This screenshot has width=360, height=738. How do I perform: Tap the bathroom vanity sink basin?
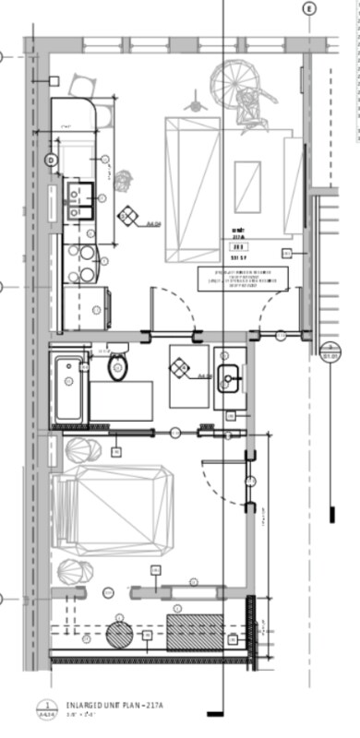point(228,375)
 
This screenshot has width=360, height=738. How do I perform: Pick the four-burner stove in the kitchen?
point(80,261)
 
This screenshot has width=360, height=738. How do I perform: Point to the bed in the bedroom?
point(113,510)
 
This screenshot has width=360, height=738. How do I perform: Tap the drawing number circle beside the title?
point(42,708)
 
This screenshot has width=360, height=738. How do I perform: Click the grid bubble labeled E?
point(308,8)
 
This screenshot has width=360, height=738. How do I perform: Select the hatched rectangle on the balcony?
point(194,631)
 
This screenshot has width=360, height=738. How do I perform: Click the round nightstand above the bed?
point(81,452)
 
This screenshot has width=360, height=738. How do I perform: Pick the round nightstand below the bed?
point(74,572)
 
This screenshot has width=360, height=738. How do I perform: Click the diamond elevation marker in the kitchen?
point(126,218)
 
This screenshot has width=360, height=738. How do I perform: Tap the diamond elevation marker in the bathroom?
point(180,369)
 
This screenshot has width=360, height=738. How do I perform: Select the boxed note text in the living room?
point(244,280)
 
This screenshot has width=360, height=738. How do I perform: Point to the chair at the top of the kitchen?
point(81,86)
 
